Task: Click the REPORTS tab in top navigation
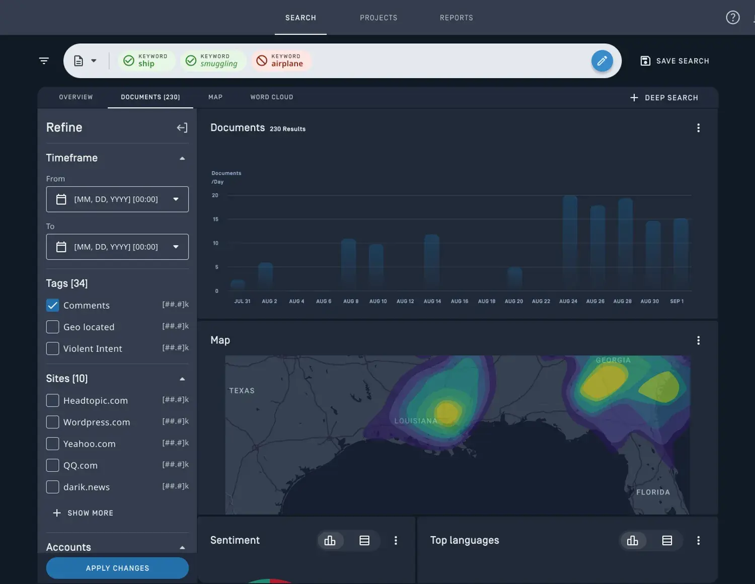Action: (456, 18)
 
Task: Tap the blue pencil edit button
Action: (601, 61)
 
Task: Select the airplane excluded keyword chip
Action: (281, 61)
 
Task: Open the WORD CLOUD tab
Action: (271, 97)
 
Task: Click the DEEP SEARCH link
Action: (664, 98)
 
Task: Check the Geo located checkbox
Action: (53, 327)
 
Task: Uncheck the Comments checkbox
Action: (53, 305)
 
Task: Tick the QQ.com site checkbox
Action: (53, 465)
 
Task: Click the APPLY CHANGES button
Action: (117, 568)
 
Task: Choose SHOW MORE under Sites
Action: (84, 513)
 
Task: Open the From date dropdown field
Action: (117, 199)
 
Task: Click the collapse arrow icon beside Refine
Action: (182, 128)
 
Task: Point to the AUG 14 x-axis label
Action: (432, 301)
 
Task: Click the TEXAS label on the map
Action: (242, 391)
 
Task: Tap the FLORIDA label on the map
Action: (653, 492)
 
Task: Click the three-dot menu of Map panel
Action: (698, 340)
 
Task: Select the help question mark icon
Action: (732, 18)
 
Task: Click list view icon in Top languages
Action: (667, 540)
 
